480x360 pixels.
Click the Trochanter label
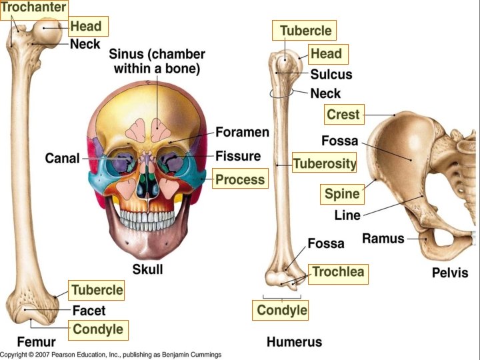[x=33, y=9]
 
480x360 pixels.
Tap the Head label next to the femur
[x=86, y=27]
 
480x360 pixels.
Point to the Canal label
[x=62, y=159]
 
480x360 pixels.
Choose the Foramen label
[x=242, y=133]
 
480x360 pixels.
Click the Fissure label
[x=238, y=156]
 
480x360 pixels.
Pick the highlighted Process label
[x=239, y=179]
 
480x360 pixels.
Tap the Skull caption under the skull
[x=147, y=270]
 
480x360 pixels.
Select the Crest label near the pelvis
[x=343, y=115]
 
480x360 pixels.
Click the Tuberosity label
[x=325, y=162]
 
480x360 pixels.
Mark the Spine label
[x=342, y=194]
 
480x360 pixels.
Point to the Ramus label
[x=383, y=238]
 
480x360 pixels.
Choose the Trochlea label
[x=339, y=273]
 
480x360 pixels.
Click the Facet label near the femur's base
[x=89, y=310]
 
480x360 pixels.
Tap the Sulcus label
[x=331, y=74]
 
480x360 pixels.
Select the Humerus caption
[x=294, y=342]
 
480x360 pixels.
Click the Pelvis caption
[x=449, y=273]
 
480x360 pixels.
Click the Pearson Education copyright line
[x=111, y=355]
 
